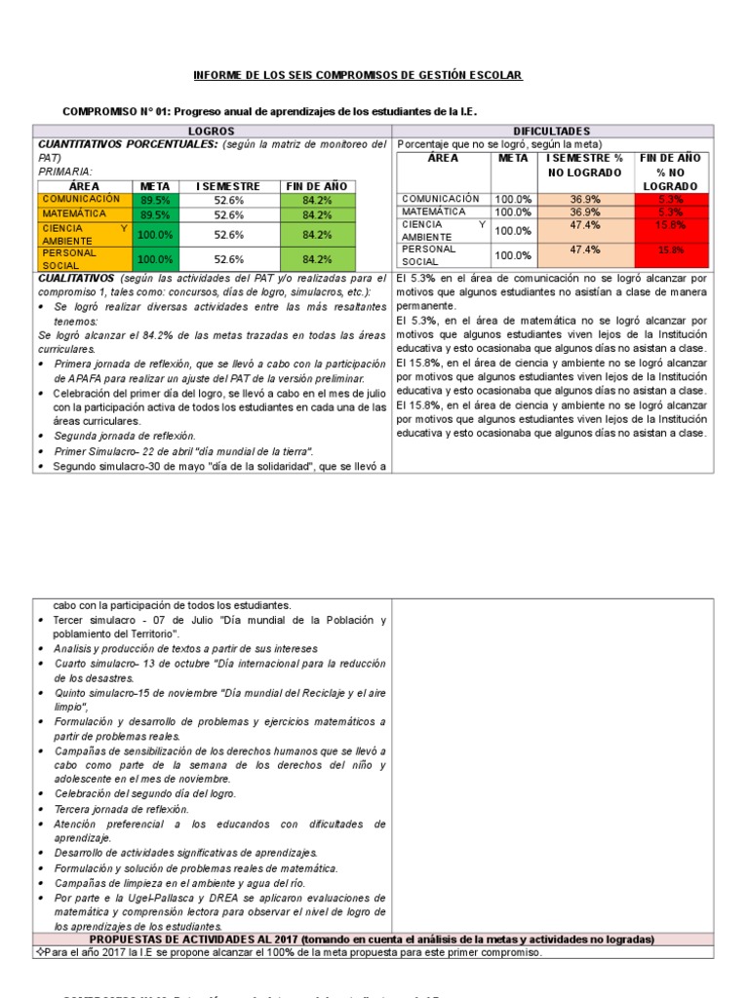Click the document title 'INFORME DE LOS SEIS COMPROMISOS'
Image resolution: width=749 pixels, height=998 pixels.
tap(358, 75)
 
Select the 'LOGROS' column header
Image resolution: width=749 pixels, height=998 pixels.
tap(212, 131)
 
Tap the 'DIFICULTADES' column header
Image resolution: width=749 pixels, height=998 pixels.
tap(551, 131)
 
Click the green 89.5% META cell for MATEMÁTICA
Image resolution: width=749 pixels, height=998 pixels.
tap(154, 214)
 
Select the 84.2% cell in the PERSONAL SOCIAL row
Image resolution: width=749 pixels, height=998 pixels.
tap(317, 259)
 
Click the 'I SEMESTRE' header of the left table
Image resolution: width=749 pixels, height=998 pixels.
tap(228, 186)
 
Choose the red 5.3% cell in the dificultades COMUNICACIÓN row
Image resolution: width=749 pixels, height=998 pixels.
tap(670, 199)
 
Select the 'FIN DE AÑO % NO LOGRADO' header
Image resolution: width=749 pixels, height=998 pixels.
tap(670, 172)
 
